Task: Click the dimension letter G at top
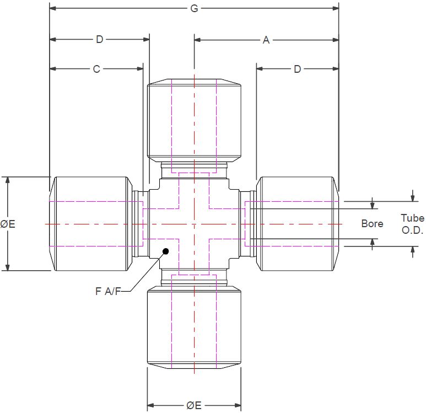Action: pos(194,8)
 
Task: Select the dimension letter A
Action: pos(266,40)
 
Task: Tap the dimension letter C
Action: pos(96,69)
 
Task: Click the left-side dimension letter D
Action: pos(100,40)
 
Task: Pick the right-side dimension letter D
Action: pos(298,69)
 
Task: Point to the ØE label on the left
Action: pos(8,224)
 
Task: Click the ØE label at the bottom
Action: pos(194,405)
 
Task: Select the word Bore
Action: pos(372,223)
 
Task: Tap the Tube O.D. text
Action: pos(412,224)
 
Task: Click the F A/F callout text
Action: pos(108,291)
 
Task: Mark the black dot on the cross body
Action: pos(165,251)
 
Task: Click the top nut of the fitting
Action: pos(194,120)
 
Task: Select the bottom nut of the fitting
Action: pos(194,328)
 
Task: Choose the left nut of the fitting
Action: pos(91,224)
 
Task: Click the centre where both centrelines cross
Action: pos(194,224)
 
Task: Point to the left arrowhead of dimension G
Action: pos(53,8)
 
